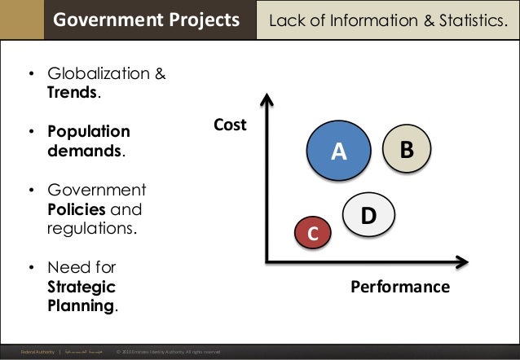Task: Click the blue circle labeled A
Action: (338, 150)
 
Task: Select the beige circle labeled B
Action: (407, 149)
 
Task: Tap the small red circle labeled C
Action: (311, 233)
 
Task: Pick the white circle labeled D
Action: (368, 215)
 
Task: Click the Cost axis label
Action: (230, 125)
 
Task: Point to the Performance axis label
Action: (400, 287)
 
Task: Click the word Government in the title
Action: (101, 19)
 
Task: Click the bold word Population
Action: (88, 132)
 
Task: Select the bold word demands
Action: (83, 151)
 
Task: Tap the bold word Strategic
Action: (81, 287)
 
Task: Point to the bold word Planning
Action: (80, 306)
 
